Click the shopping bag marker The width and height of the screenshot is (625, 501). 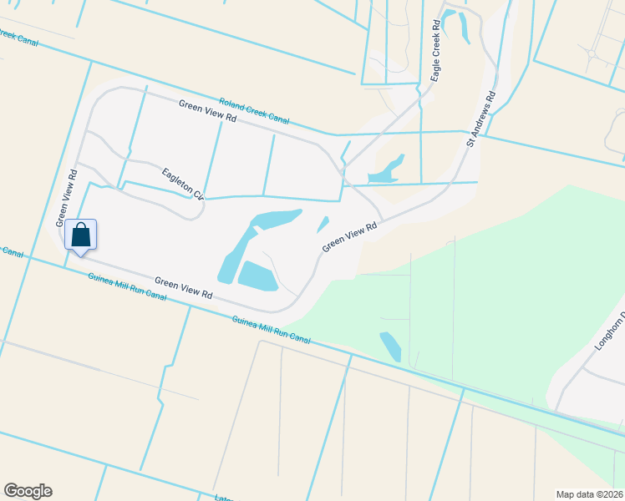[x=80, y=235]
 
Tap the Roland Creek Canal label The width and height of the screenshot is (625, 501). [x=254, y=109]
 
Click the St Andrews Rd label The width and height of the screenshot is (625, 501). [x=481, y=119]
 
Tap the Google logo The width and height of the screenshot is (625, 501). [x=28, y=491]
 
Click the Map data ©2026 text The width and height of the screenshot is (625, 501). [x=590, y=493]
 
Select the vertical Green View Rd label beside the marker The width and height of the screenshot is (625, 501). [x=66, y=199]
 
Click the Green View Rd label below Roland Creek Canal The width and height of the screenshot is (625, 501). [x=208, y=111]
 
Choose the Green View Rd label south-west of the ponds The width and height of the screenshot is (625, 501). [x=183, y=290]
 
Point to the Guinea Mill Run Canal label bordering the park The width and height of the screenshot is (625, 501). [x=271, y=328]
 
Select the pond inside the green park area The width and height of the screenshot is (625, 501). [x=389, y=347]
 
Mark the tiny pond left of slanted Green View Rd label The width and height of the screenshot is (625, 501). [x=323, y=225]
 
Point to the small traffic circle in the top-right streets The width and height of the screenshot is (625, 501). [x=592, y=53]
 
